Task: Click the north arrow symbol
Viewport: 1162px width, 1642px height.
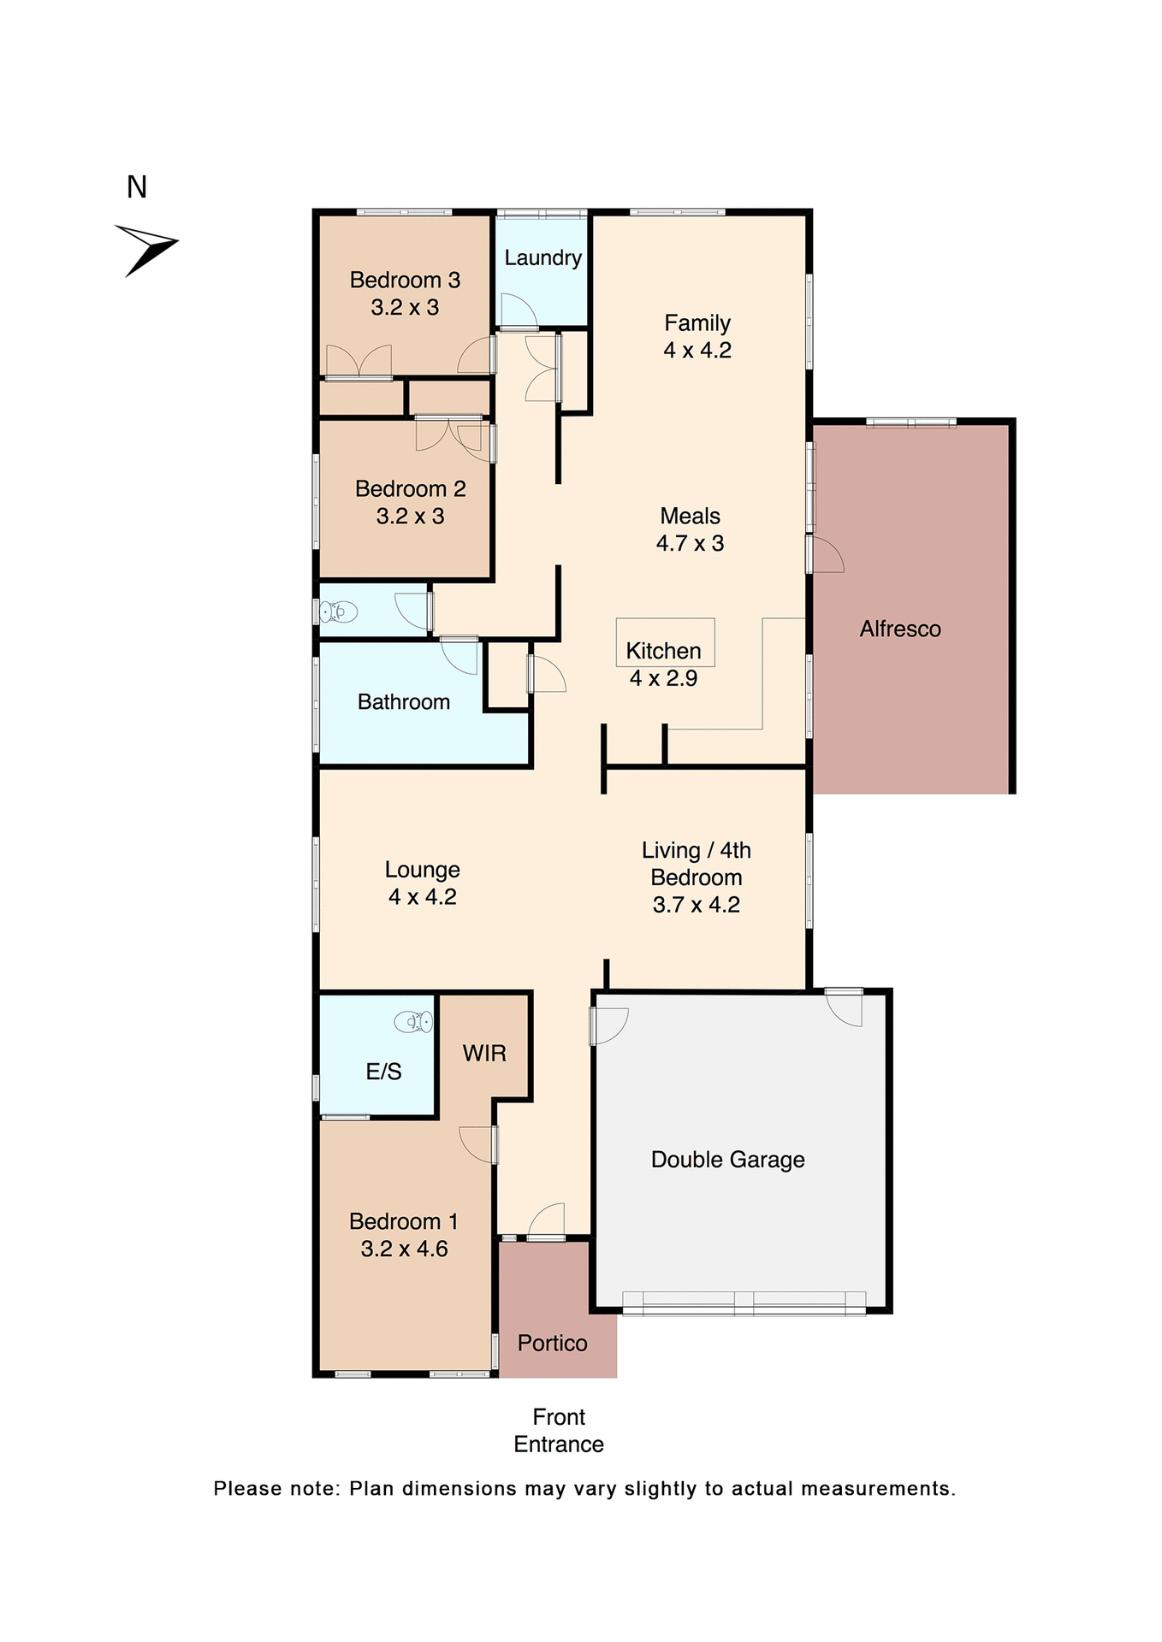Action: [147, 249]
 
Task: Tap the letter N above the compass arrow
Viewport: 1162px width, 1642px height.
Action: [137, 187]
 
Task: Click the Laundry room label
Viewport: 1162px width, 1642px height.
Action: [542, 257]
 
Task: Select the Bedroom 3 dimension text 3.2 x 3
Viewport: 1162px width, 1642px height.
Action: [405, 308]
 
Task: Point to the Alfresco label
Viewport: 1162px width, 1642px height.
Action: [900, 629]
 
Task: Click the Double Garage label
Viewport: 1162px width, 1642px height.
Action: [727, 1160]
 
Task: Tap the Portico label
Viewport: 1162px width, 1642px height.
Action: [552, 1344]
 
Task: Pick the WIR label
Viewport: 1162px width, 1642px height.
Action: [484, 1054]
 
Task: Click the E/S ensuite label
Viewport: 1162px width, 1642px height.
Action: [383, 1072]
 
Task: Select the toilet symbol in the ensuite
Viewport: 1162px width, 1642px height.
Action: [414, 1021]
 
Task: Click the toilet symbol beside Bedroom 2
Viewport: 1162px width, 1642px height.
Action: [338, 612]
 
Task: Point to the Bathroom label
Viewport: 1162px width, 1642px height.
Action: [403, 702]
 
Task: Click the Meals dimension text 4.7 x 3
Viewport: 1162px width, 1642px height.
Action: [690, 544]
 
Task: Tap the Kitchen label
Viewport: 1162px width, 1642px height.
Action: [663, 651]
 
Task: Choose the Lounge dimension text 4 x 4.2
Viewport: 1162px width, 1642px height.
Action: [422, 897]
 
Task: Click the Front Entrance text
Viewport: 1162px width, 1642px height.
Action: [559, 1431]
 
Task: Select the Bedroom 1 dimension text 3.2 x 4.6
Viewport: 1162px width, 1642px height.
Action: [404, 1249]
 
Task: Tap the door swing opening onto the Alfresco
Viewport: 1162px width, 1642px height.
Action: [827, 556]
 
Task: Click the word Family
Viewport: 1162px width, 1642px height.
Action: [697, 323]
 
